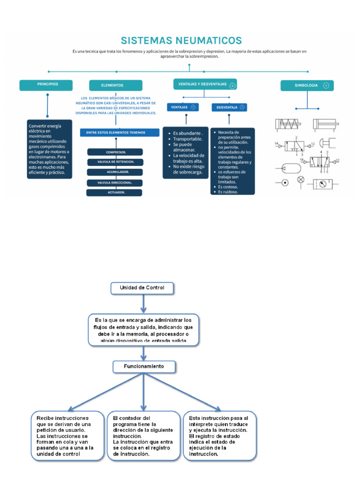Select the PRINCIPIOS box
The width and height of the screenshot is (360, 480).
pos(46,85)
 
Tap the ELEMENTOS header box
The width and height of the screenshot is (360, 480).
pos(115,85)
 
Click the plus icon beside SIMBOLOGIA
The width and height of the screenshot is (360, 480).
pos(326,86)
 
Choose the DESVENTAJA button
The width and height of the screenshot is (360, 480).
pos(229,107)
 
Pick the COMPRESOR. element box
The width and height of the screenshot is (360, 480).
pos(115,152)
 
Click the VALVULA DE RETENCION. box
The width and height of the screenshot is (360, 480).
pos(115,162)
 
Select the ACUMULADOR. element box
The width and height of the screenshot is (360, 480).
pos(115,172)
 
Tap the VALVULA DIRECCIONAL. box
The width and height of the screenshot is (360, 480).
pos(115,182)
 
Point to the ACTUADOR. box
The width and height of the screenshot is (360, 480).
pos(115,192)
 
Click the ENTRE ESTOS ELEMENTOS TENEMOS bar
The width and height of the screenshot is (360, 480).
pos(119,133)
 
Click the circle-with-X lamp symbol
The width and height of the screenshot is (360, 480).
pos(301,180)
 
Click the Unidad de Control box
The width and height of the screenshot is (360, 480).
pos(142,288)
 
